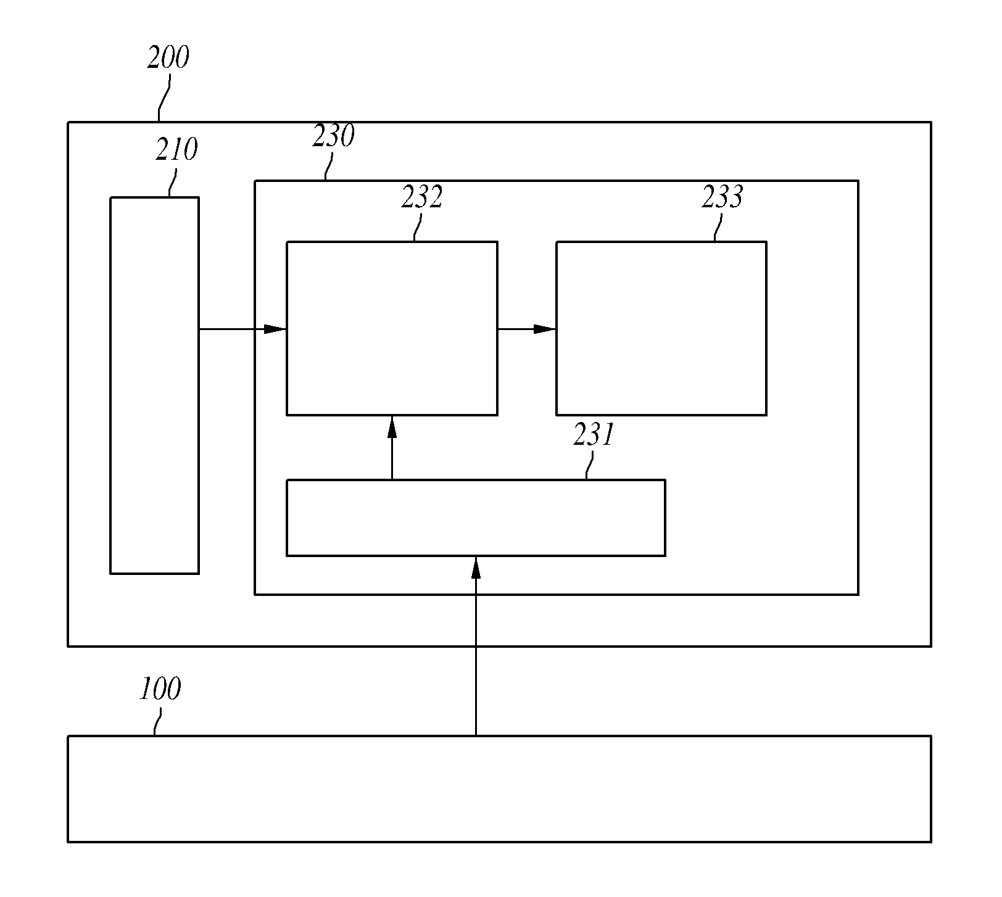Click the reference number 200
(168, 58)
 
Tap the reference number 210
(176, 150)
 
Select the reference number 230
(333, 136)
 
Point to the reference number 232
(422, 197)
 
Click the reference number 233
(723, 197)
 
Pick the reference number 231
(594, 435)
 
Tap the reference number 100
(160, 689)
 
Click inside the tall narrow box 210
(154, 386)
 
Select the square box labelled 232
(392, 328)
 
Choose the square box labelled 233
(661, 328)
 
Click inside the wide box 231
(476, 518)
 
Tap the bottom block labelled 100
(499, 789)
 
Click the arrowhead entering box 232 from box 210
(275, 329)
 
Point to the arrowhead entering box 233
(545, 329)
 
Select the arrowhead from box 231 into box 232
(392, 427)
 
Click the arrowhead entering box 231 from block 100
(476, 568)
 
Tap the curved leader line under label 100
(158, 721)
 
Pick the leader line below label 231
(590, 465)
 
